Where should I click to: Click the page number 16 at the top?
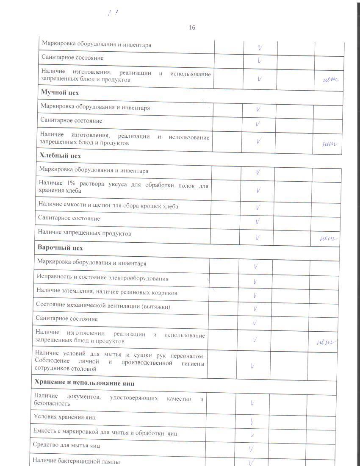pos(192,28)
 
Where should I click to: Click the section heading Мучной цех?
pos(60,92)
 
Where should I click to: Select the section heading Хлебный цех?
pos(60,155)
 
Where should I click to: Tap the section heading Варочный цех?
pos(60,248)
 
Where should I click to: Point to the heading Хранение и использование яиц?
pos(85,383)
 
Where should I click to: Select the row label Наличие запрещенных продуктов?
pos(84,233)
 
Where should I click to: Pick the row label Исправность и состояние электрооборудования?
pos(102,278)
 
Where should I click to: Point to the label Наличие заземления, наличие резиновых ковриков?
pos(107,292)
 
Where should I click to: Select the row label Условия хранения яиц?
pos(65,417)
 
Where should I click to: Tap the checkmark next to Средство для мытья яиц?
pos(252,448)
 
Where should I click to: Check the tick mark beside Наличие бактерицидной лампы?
pos(252,461)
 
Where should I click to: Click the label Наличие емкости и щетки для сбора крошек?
pos(108,206)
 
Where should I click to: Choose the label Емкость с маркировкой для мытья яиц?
pos(105,433)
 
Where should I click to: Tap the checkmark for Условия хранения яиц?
pos(252,422)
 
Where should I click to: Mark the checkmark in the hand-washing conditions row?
pos(252,366)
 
